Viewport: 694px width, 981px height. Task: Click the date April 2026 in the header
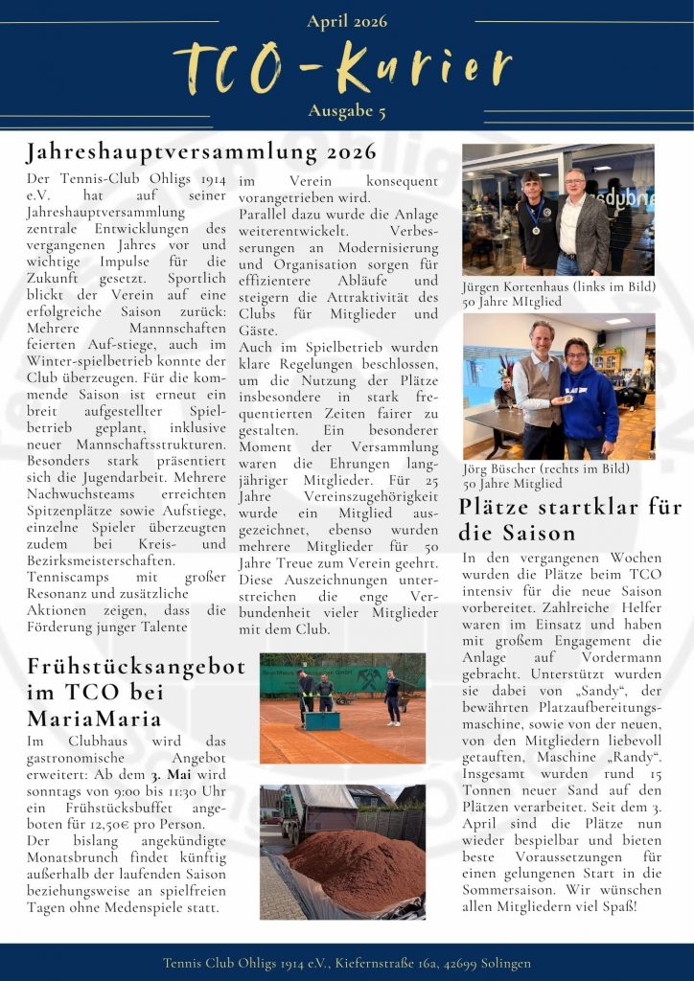tap(347, 21)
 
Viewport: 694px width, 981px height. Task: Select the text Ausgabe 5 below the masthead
tap(347, 112)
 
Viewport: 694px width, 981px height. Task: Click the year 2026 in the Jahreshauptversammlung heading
tap(352, 152)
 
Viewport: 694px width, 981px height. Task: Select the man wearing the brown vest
tap(539, 383)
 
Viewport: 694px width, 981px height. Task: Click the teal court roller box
tap(322, 719)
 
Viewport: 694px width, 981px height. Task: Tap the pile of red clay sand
tap(355, 867)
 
